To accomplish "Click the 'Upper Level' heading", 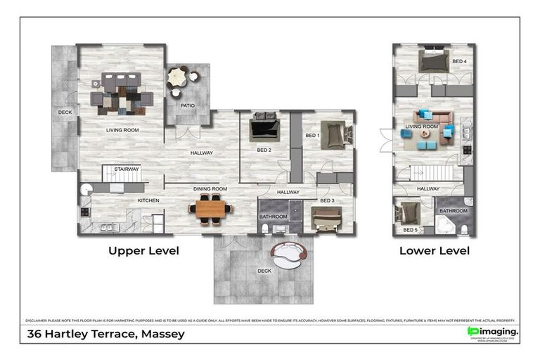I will (x=143, y=250).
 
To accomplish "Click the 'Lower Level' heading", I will (x=434, y=250).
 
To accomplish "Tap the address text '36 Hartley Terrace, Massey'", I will (x=105, y=334).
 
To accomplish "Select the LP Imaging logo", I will (x=493, y=331).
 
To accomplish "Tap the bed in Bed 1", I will (x=335, y=134).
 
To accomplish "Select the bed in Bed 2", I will (x=265, y=128).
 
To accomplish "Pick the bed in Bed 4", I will (x=433, y=62).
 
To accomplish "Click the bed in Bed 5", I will (x=407, y=213).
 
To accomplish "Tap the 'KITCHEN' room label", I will (x=148, y=200).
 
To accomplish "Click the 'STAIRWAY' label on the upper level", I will (x=127, y=169).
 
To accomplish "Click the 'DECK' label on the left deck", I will (x=65, y=112).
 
